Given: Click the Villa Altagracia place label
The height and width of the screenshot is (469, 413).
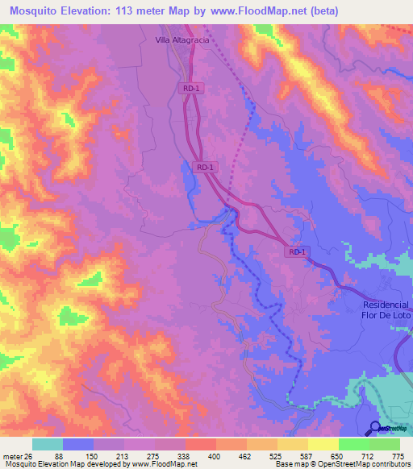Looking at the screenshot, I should pos(183,38).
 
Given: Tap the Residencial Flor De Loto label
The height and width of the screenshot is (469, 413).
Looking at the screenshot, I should pos(386,310).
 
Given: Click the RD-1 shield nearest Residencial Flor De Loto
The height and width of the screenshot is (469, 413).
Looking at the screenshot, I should pos(297,251).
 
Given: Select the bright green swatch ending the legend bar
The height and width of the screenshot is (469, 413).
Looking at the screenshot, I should pos(385,444).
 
